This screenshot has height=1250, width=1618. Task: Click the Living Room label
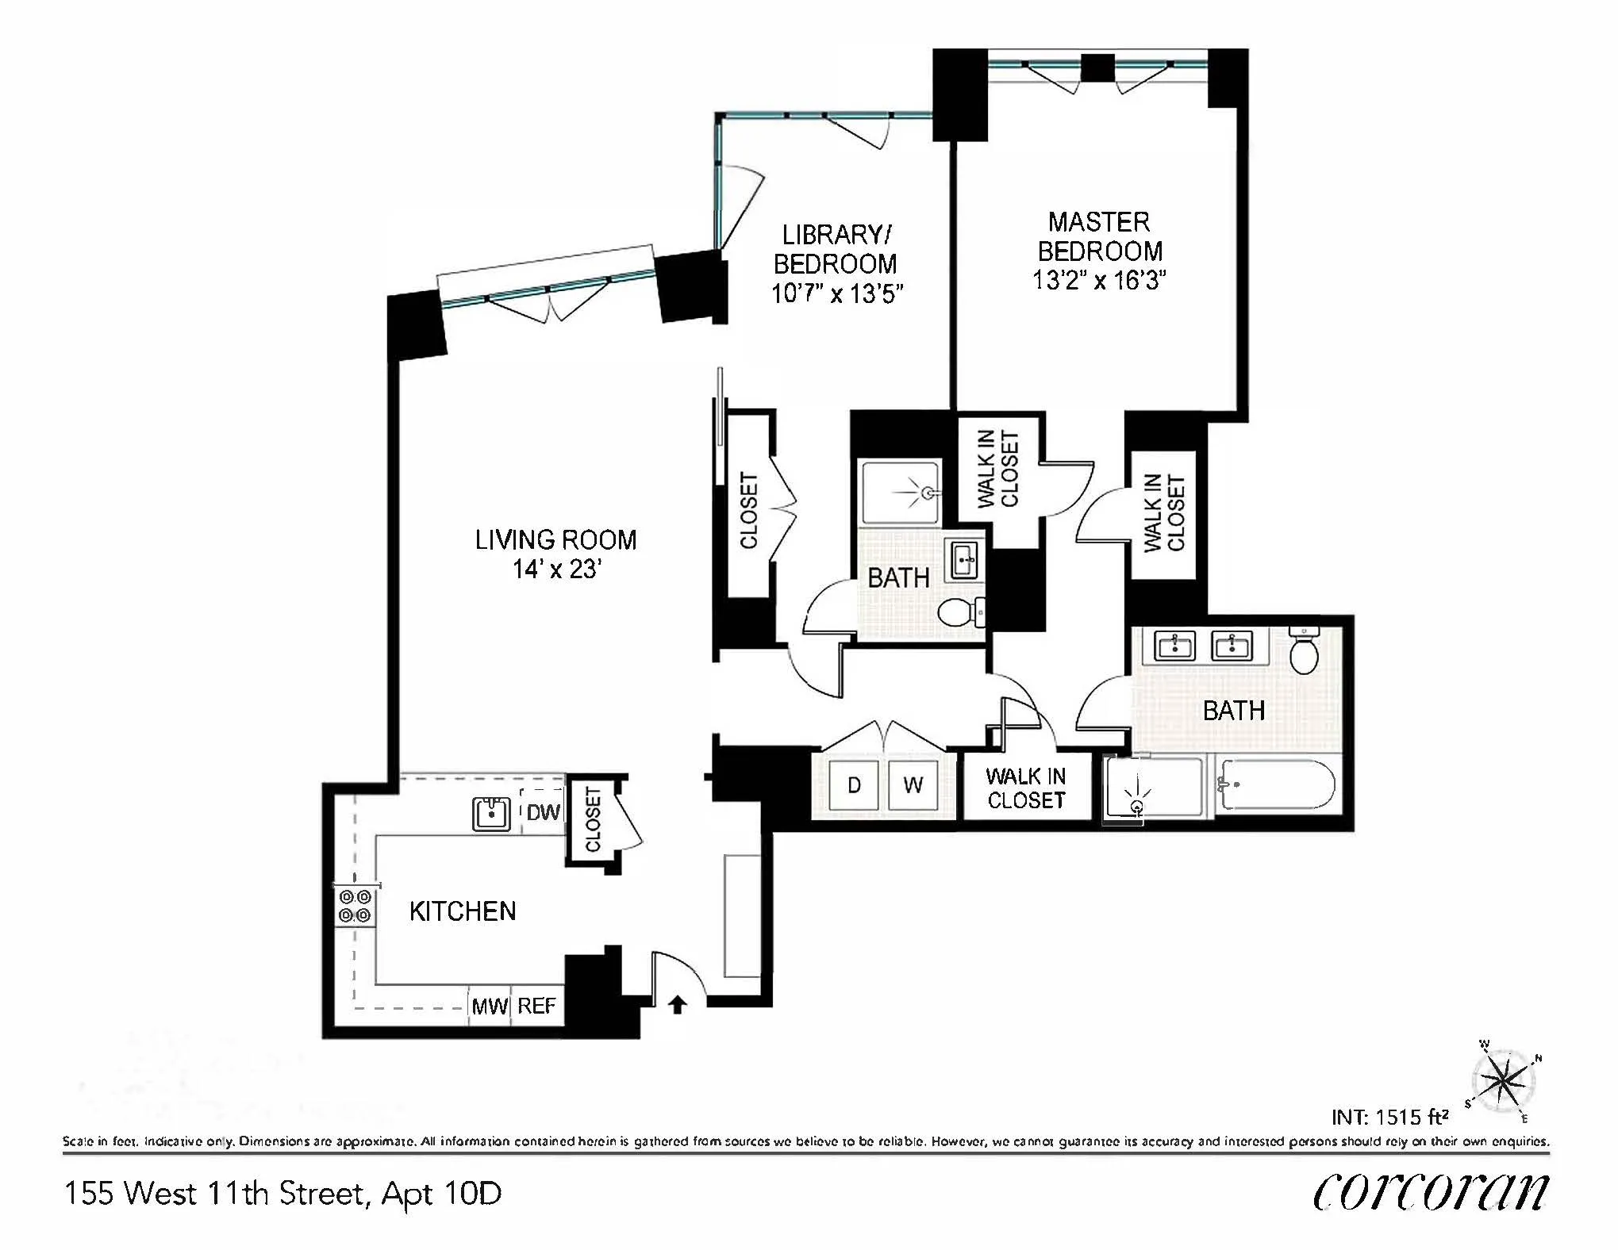555,540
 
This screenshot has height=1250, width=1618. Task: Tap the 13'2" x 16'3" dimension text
1099,281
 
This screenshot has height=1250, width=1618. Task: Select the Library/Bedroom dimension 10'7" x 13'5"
837,294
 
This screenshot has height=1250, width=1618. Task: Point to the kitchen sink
492,814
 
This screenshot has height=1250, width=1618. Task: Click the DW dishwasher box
543,811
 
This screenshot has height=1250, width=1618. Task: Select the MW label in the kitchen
490,1007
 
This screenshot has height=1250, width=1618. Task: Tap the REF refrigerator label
536,1006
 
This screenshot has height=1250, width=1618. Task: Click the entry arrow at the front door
677,1005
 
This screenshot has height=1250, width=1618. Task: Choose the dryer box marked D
854,785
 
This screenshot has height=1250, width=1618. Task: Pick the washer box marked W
913,785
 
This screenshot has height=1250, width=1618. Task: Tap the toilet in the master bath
1304,651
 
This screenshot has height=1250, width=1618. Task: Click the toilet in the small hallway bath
956,612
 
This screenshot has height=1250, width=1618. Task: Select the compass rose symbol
1502,1080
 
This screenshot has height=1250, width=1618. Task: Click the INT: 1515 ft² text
1389,1117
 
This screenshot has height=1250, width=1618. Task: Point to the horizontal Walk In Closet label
1026,788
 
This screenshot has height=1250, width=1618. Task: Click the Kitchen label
463,911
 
